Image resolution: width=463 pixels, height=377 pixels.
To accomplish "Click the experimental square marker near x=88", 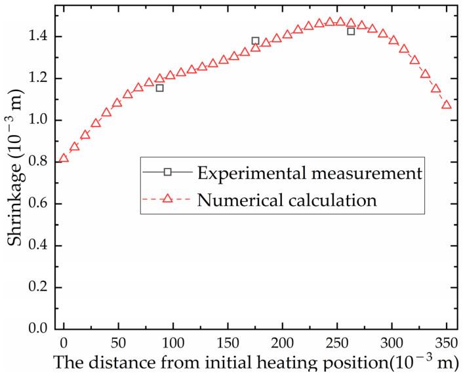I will [x=159, y=88].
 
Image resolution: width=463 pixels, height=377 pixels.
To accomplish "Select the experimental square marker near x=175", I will [x=255, y=41].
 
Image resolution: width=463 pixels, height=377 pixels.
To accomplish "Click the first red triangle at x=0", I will [x=64, y=158].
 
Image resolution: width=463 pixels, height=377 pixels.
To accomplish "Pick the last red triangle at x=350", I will [x=447, y=105].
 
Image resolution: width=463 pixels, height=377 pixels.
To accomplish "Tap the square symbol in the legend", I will [x=168, y=172].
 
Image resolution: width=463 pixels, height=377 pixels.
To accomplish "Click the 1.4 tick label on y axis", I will [x=38, y=37].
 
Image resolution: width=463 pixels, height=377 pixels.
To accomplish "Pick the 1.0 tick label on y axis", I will [x=38, y=121].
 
